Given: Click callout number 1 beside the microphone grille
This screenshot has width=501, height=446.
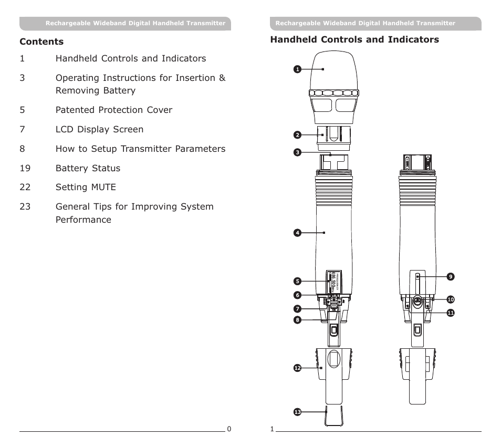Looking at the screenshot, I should tap(297, 69).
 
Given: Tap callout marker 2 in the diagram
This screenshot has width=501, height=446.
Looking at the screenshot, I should tap(297, 134).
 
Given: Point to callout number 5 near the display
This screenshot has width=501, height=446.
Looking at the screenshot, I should tap(297, 281).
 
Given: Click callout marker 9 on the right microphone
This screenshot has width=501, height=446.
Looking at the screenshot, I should tap(450, 276).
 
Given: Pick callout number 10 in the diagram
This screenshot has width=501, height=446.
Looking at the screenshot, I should tap(450, 299).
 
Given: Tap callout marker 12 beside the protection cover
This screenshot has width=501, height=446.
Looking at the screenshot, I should tap(297, 368).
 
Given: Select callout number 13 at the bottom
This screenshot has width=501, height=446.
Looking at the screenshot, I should tap(297, 412).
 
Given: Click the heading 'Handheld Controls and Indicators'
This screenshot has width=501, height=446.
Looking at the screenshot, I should tap(354, 40).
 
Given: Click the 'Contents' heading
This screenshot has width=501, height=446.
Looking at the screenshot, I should tap(41, 42).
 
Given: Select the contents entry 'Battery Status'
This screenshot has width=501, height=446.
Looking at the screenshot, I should tap(88, 168).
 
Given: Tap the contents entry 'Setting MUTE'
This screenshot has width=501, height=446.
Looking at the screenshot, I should tap(86, 187).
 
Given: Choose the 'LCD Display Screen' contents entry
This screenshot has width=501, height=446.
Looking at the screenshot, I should tap(99, 129).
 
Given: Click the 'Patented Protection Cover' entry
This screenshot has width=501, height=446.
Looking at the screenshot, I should tap(113, 110).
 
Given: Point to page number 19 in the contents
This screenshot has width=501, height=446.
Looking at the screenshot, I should tap(25, 168).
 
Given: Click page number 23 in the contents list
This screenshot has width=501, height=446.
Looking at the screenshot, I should tap(25, 206).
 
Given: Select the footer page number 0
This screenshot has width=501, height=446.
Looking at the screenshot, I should tap(228, 429).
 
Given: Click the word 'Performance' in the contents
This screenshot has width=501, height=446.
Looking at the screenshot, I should tap(83, 220).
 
